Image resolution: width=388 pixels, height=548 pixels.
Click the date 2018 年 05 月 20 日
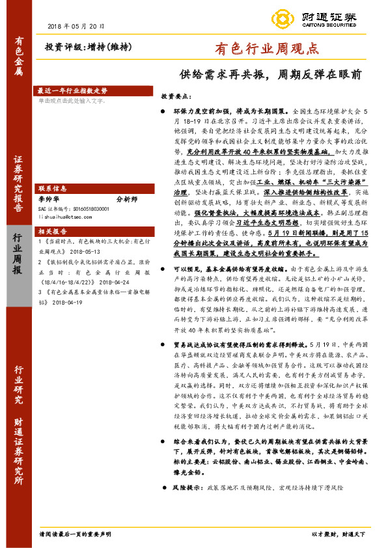(76, 26)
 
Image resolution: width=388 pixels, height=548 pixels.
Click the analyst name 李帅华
(49, 198)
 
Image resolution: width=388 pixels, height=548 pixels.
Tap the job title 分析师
(127, 198)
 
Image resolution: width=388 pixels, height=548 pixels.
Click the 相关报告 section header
(52, 231)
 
